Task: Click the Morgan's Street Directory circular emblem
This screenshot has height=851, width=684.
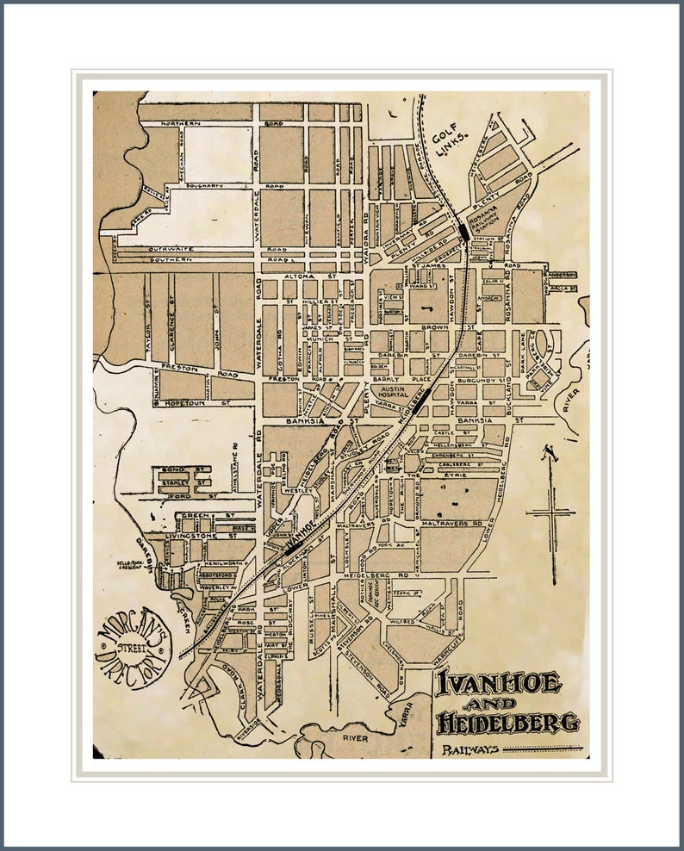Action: (134, 647)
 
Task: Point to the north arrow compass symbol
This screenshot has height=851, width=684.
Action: (550, 507)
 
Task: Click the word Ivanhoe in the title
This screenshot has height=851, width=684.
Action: (499, 685)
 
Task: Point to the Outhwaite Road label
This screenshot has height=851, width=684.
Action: (159, 248)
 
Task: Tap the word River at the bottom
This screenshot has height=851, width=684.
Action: (355, 738)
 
